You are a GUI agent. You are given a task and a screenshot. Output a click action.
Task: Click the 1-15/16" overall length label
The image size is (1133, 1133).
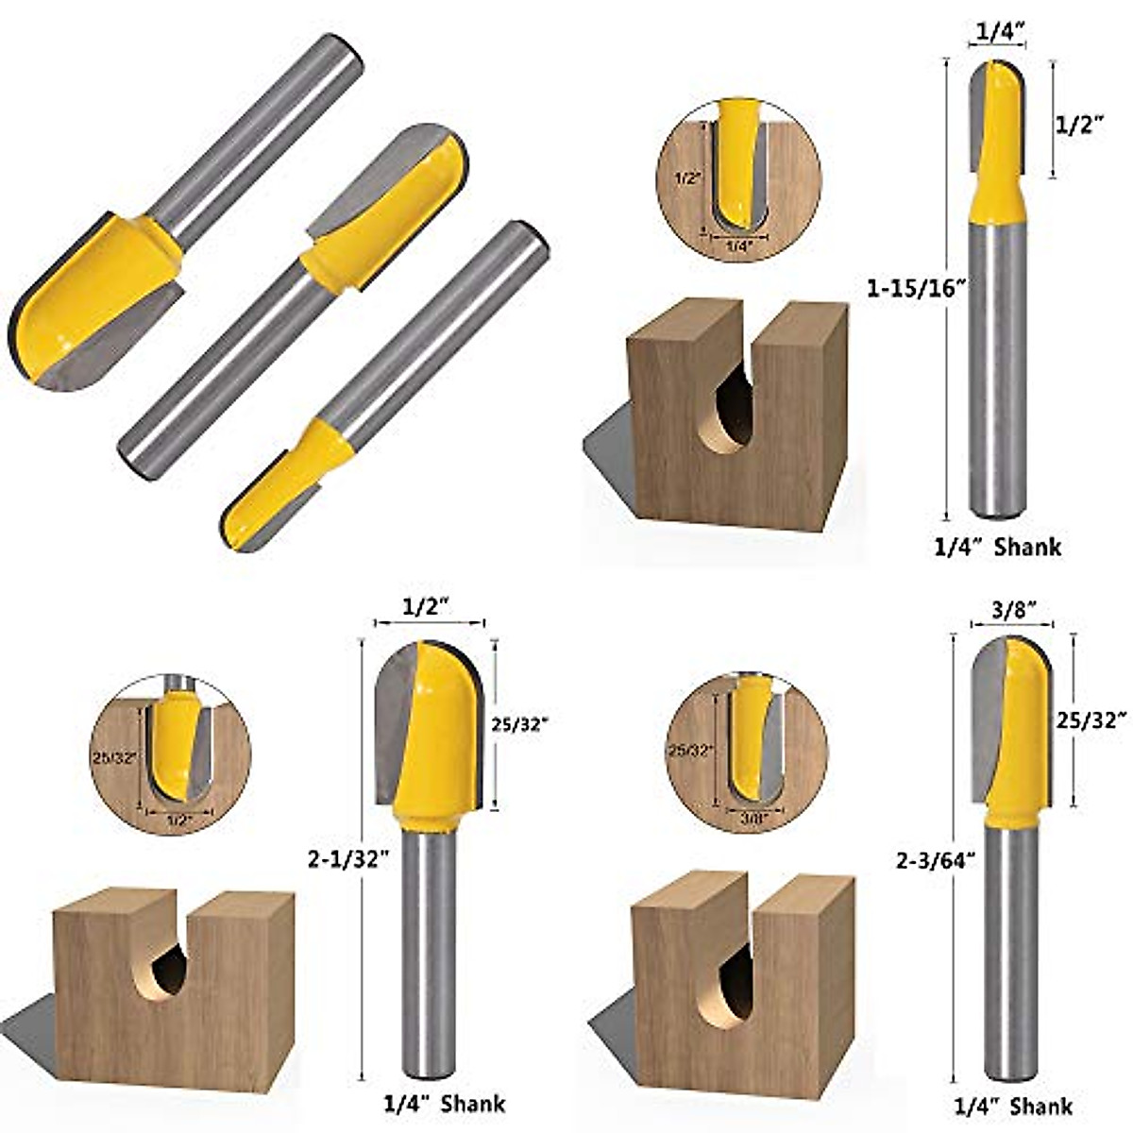[913, 288]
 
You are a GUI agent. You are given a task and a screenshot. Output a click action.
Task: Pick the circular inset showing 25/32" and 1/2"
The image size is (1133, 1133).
[171, 755]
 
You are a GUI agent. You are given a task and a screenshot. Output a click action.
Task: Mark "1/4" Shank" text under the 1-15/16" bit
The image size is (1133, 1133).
[997, 547]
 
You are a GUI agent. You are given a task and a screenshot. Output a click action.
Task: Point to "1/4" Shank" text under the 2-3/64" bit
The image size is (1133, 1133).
[1012, 1107]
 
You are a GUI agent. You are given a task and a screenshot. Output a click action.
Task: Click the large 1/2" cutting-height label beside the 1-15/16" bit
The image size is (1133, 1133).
[1079, 124]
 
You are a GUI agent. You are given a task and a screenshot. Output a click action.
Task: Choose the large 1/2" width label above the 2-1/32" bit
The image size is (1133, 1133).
[427, 608]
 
